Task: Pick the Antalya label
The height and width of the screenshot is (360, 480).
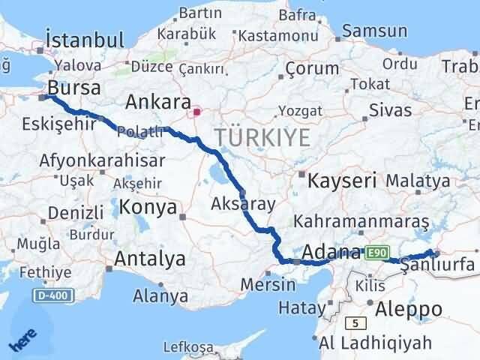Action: click(150, 259)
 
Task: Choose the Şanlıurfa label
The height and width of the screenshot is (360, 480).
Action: click(438, 265)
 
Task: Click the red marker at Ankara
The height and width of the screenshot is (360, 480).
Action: click(196, 112)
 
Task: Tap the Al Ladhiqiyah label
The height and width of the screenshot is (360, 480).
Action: click(375, 343)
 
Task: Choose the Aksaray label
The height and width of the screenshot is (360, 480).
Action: click(244, 204)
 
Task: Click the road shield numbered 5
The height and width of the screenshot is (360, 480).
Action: click(352, 324)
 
